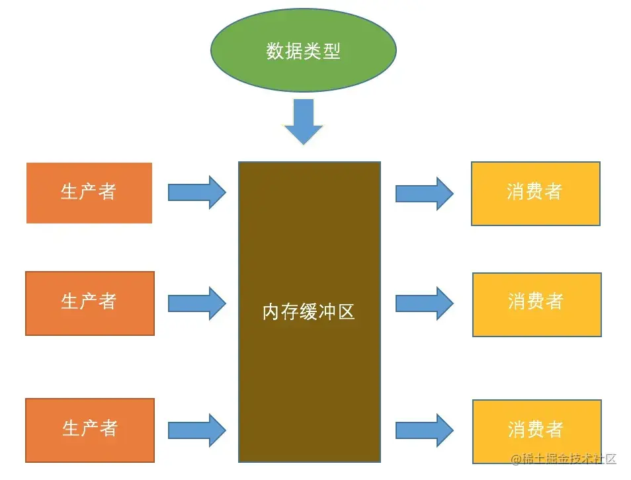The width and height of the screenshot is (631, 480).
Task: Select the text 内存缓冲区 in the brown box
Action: pyautogui.click(x=309, y=311)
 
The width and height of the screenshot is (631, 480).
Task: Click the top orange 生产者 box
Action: pyautogui.click(x=89, y=192)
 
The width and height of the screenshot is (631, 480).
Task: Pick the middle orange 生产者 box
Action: pyautogui.click(x=90, y=303)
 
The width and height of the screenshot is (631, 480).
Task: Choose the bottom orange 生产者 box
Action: pyautogui.click(x=90, y=430)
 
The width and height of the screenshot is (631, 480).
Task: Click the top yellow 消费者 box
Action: pyautogui.click(x=535, y=193)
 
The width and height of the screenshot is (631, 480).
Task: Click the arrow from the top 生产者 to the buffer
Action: pyautogui.click(x=197, y=192)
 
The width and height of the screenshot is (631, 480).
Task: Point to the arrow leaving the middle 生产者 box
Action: pyautogui.click(x=197, y=303)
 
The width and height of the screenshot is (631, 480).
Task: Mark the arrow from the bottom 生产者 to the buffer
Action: pyautogui.click(x=197, y=430)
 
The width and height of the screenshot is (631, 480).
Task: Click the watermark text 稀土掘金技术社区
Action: pyautogui.click(x=564, y=459)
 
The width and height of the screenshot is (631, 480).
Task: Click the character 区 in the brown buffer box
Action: pyautogui.click(x=347, y=311)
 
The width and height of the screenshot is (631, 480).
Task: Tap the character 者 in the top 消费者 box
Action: pyautogui.click(x=554, y=192)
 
